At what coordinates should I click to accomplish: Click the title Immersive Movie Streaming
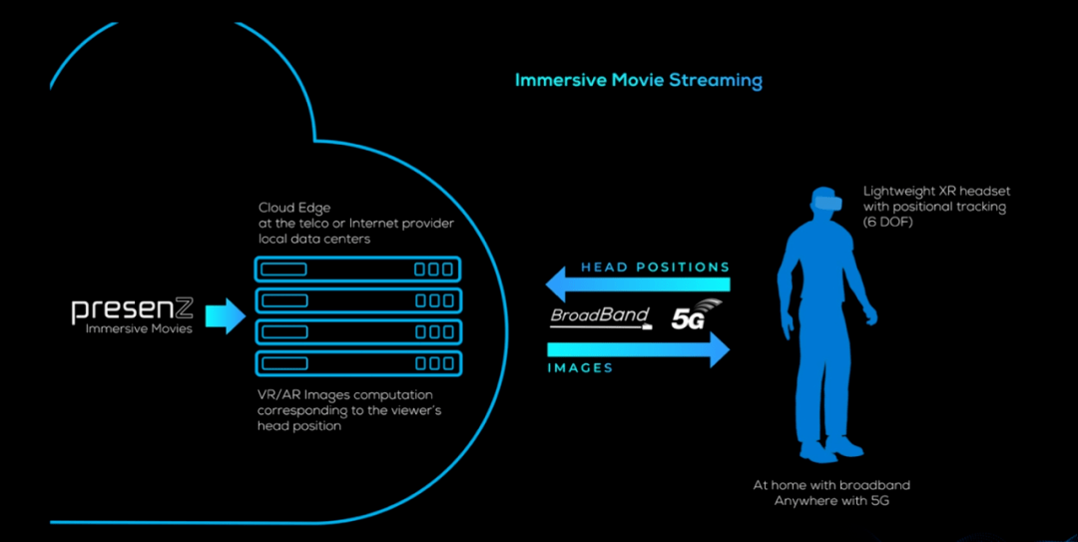tap(638, 80)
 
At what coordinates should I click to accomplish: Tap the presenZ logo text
tap(132, 309)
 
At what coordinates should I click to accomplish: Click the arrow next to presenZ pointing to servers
tap(225, 316)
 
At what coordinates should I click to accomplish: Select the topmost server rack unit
tap(357, 270)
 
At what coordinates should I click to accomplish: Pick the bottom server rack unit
tap(357, 362)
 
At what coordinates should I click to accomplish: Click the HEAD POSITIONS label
tap(655, 268)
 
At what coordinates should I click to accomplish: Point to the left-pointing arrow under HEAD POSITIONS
tap(639, 286)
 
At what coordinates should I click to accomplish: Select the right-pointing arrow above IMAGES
tap(639, 348)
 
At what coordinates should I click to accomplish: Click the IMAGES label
tap(580, 368)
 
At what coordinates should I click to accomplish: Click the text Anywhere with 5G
tap(831, 500)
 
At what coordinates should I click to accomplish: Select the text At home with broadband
tap(831, 485)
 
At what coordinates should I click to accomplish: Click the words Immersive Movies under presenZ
tap(139, 328)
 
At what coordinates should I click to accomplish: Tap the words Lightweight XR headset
tap(937, 190)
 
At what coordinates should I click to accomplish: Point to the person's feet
tap(828, 450)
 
